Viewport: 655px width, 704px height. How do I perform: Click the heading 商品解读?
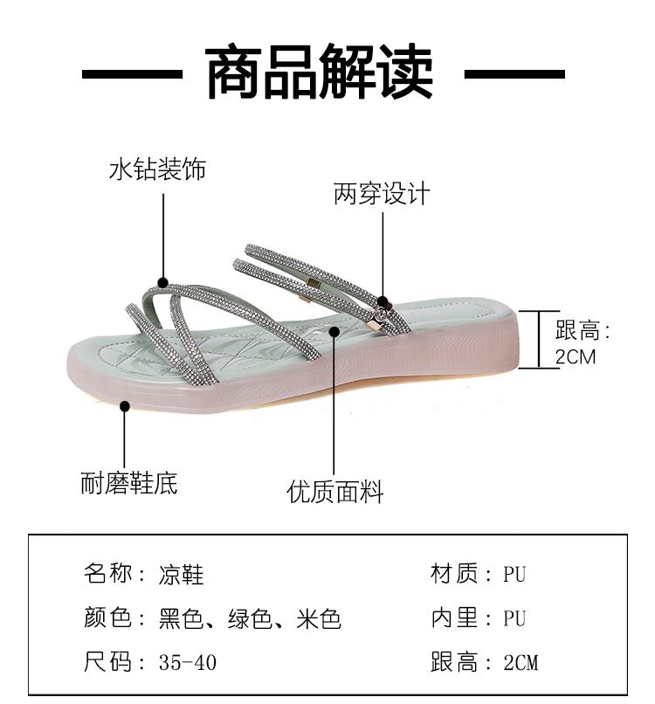point(320,74)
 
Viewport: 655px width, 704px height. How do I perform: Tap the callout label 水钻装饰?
point(157,169)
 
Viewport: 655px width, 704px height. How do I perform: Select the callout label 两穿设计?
point(382,194)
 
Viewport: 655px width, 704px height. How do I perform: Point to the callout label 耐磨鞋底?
point(129,483)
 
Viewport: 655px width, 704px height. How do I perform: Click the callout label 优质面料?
point(335,492)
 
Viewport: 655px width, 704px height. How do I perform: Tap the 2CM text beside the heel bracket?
point(576,356)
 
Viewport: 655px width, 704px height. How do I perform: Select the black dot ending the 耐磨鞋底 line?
point(125,405)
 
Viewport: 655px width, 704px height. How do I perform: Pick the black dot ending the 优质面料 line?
point(335,330)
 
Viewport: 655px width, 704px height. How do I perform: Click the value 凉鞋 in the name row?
point(182,575)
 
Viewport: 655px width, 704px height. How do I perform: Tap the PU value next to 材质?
point(514,575)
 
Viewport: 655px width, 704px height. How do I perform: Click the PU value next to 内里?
point(514,619)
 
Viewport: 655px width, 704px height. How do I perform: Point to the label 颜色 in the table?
point(107,619)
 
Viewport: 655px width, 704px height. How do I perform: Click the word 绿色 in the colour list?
point(250,619)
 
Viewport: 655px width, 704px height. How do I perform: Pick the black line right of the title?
point(514,75)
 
